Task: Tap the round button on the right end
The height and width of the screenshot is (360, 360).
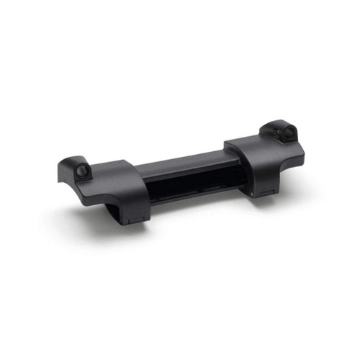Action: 287,132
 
